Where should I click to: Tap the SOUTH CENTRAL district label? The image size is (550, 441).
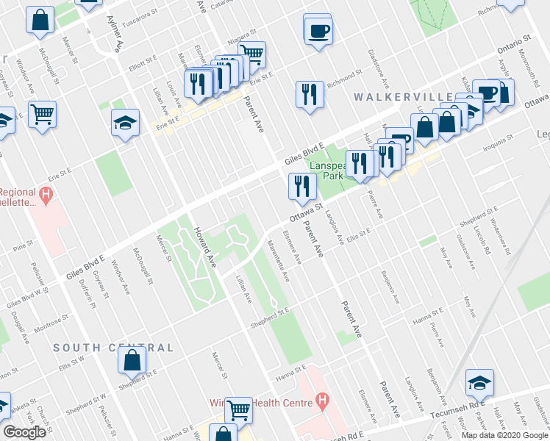[113, 348]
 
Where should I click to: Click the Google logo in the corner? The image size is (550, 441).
[24, 432]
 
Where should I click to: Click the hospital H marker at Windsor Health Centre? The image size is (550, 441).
[322, 401]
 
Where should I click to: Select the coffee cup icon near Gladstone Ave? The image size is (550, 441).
[318, 31]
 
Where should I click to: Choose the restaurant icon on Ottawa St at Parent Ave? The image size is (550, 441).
[301, 186]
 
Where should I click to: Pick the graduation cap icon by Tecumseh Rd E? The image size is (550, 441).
[479, 382]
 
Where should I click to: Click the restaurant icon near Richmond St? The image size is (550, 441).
[307, 94]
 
